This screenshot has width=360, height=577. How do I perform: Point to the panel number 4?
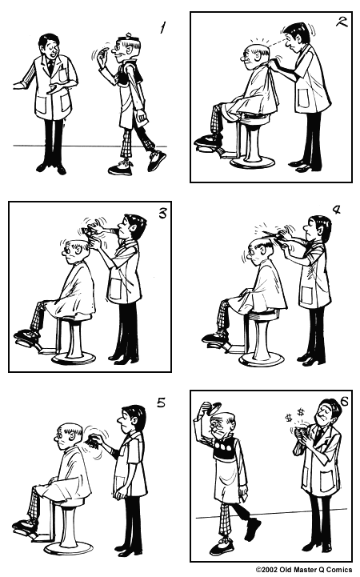[336, 210]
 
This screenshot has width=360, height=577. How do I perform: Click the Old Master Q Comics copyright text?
[303, 570]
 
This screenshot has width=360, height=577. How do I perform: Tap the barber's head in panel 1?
[49, 45]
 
